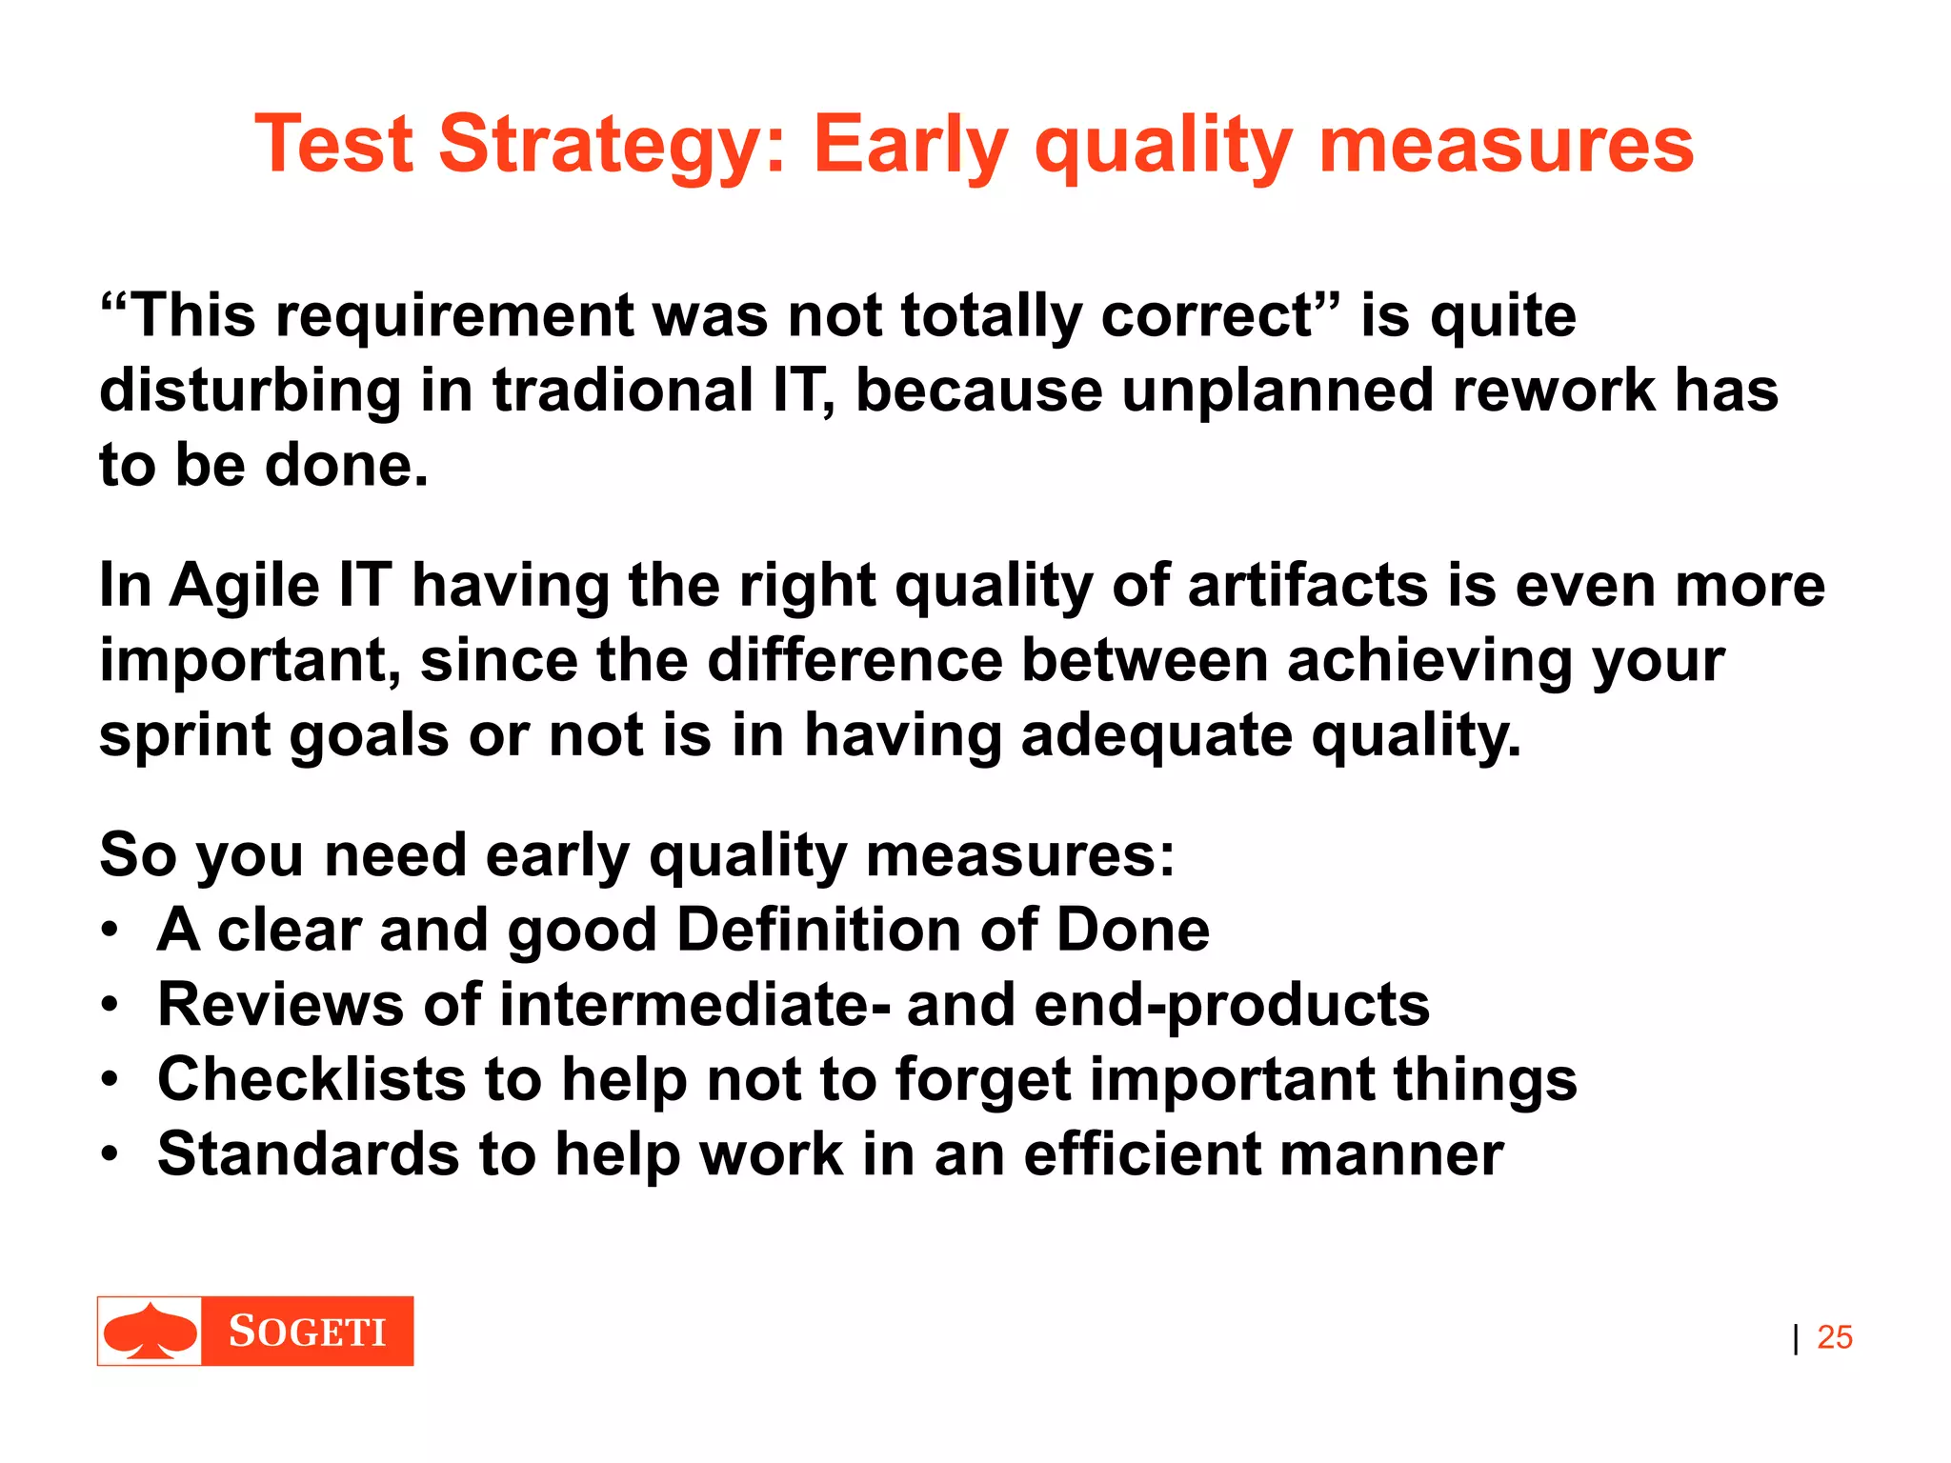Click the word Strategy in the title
click(x=611, y=145)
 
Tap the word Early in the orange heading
click(x=910, y=145)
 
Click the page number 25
click(x=1834, y=1337)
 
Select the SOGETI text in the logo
click(x=307, y=1332)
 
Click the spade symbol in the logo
click(x=151, y=1331)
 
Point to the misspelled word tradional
click(x=623, y=391)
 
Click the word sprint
click(x=186, y=736)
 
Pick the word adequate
click(x=1156, y=736)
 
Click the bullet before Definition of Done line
click(x=111, y=929)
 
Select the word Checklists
click(x=312, y=1079)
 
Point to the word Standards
click(x=308, y=1154)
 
